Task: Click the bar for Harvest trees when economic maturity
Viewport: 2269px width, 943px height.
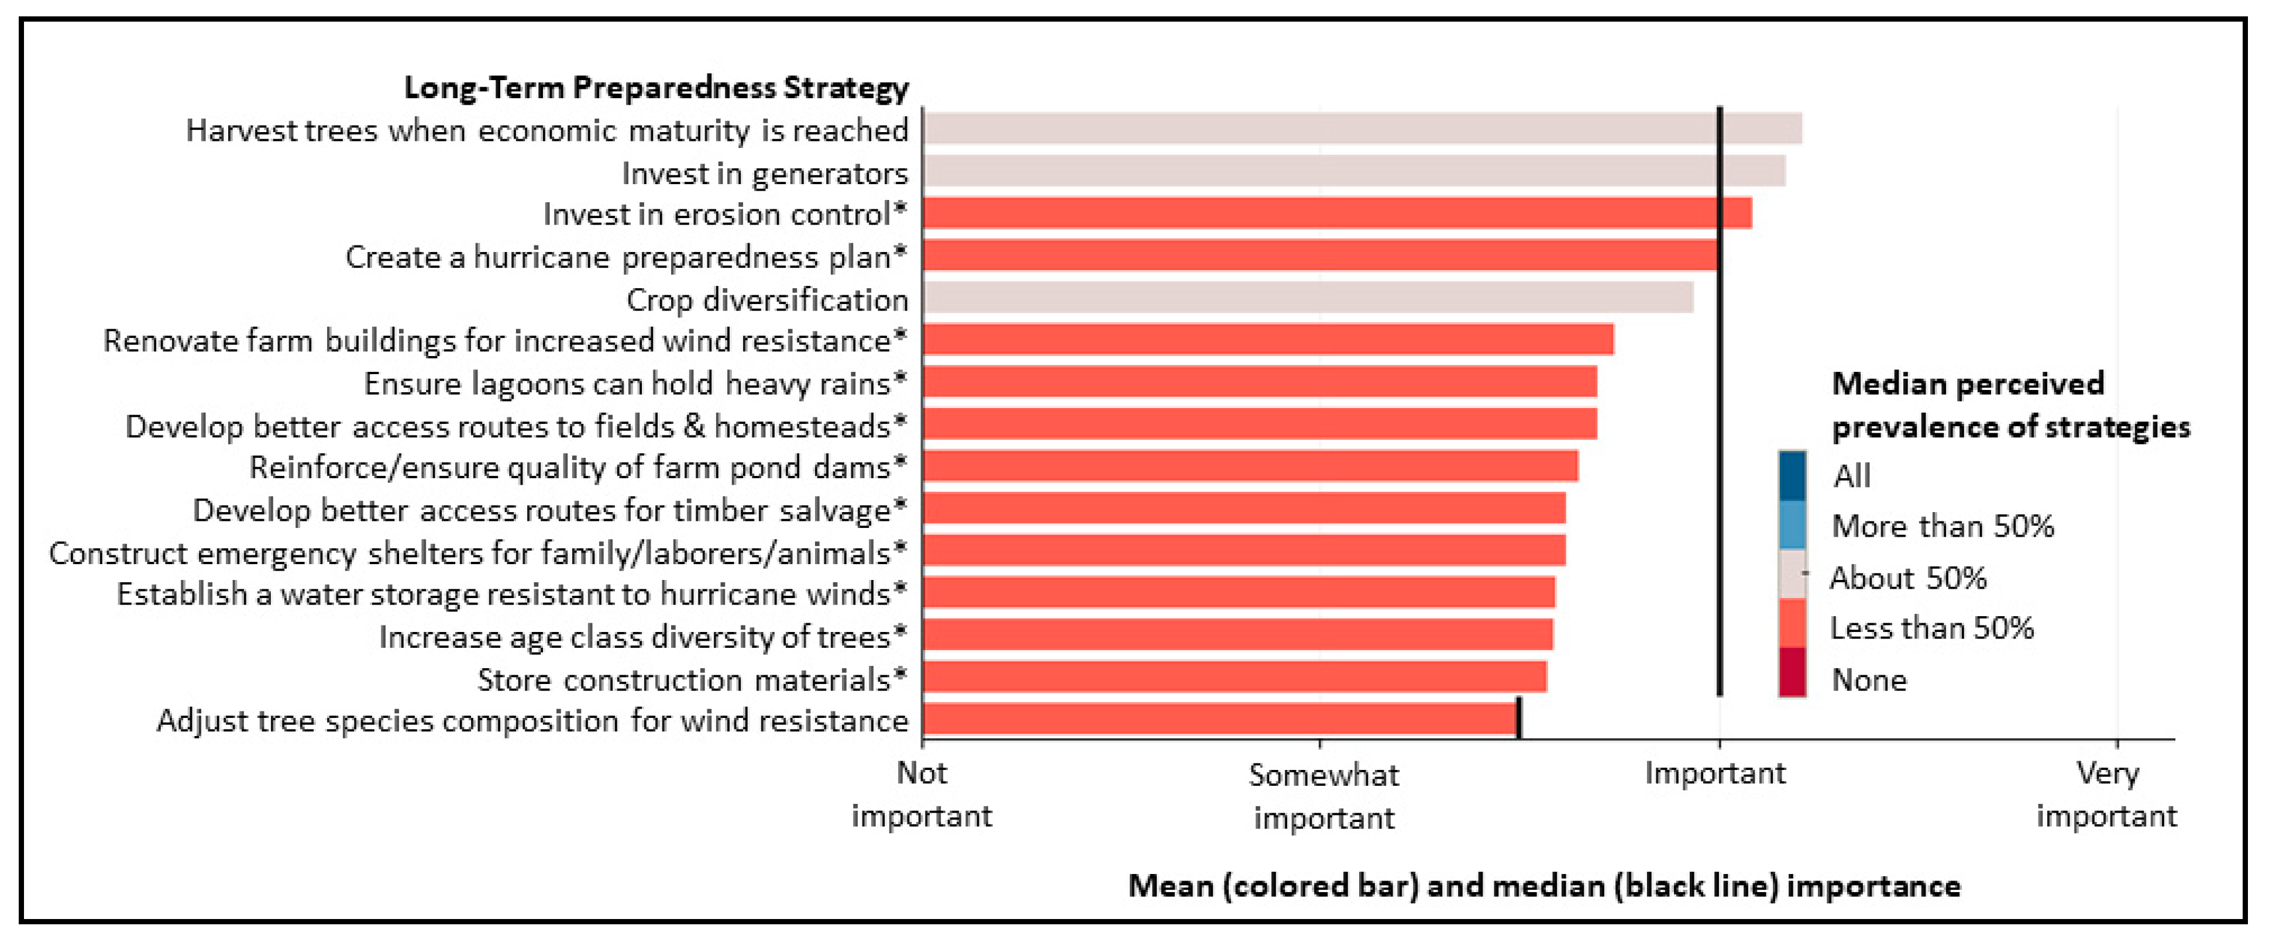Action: click(x=1363, y=129)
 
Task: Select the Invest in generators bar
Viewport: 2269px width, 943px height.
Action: click(x=1354, y=171)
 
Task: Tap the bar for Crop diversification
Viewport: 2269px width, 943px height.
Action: click(x=1308, y=298)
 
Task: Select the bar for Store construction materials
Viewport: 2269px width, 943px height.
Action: click(x=1235, y=677)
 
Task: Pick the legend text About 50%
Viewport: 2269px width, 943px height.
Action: click(x=1908, y=578)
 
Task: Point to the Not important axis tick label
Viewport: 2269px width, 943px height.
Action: click(x=922, y=794)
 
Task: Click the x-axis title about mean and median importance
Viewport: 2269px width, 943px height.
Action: click(x=1544, y=886)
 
